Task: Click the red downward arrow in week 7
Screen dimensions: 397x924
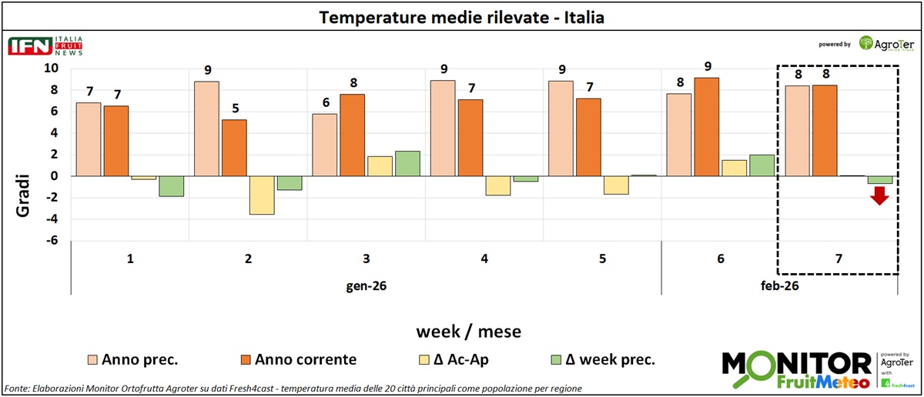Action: coord(879,197)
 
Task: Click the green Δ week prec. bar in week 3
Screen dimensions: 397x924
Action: coord(407,163)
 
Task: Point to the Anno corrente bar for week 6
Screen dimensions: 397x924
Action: coord(706,127)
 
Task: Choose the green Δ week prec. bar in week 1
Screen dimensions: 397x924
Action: coord(172,186)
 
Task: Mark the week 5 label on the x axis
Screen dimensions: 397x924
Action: coord(601,259)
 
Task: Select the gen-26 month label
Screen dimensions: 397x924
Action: coord(367,286)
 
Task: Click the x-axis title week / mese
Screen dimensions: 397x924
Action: coord(468,332)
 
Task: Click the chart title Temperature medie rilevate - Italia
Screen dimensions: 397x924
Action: coord(462,17)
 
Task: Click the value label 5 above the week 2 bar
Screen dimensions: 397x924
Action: coord(234,106)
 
